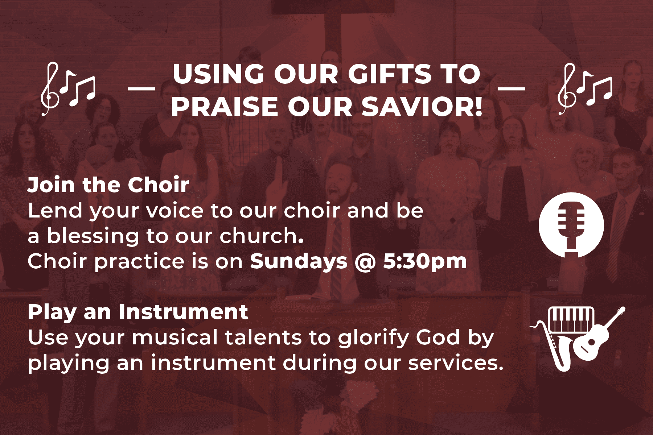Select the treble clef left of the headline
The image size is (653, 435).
[x=50, y=89]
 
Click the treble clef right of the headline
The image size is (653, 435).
[x=567, y=89]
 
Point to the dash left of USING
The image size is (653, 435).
[x=141, y=88]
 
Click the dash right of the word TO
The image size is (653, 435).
[x=512, y=88]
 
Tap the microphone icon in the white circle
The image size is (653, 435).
[x=571, y=224]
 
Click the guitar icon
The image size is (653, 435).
[x=599, y=335]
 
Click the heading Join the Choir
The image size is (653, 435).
[x=108, y=185]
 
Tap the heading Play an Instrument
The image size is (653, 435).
[x=138, y=312]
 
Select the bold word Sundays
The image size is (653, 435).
[x=299, y=262]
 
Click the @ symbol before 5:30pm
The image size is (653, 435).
[x=365, y=262]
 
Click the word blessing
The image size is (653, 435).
[x=93, y=236]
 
